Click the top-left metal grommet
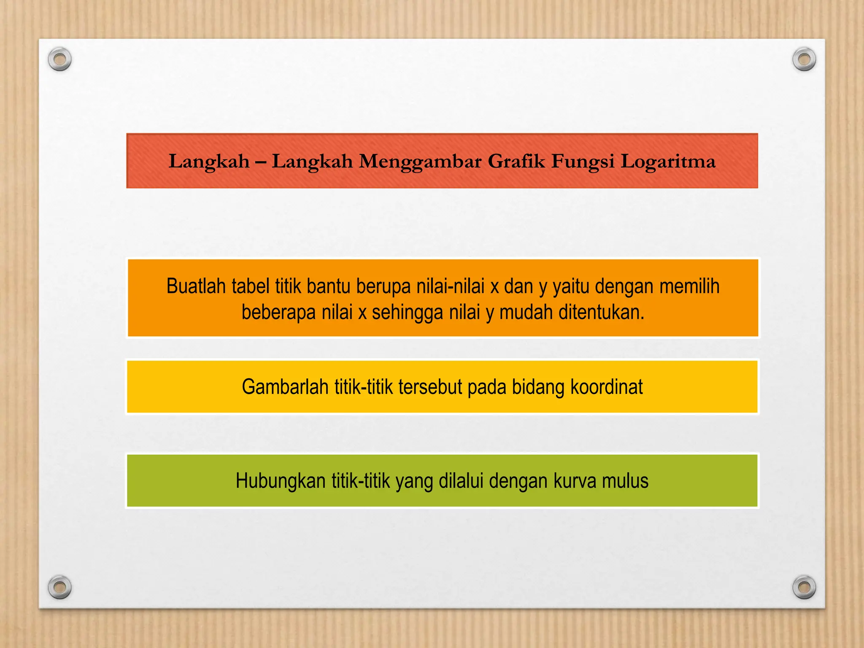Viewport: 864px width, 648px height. point(60,59)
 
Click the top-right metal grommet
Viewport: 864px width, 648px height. point(804,59)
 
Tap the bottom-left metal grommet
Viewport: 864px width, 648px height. point(60,587)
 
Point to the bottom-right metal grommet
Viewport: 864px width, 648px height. point(804,587)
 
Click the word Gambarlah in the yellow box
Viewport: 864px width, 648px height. point(285,387)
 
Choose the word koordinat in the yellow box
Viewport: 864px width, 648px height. point(606,387)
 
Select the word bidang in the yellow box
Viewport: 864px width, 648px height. point(538,387)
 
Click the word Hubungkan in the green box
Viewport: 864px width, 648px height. point(280,481)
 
